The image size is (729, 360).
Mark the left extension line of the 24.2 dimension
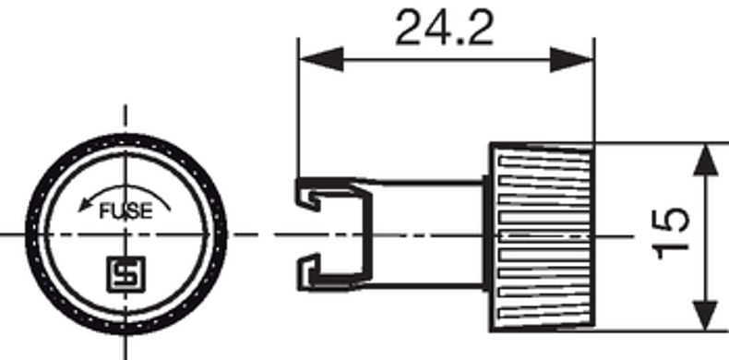297,111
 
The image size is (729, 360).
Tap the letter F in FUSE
103,211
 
